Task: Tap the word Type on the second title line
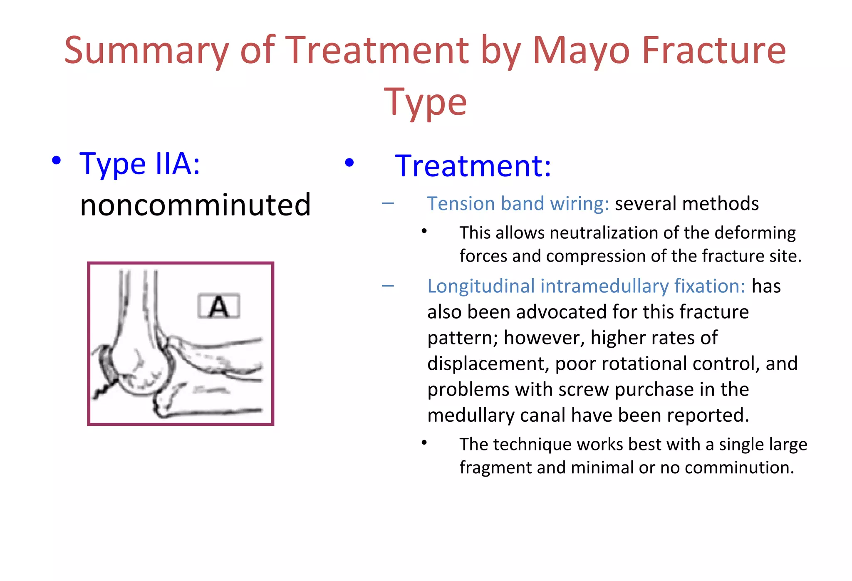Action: [425, 102]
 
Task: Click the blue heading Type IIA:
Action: [140, 164]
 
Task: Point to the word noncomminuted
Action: [195, 205]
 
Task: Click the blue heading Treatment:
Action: [473, 166]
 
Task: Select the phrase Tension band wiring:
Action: [518, 204]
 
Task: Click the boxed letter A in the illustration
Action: [219, 307]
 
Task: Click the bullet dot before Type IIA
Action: [57, 161]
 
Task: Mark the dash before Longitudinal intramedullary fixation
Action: [388, 286]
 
